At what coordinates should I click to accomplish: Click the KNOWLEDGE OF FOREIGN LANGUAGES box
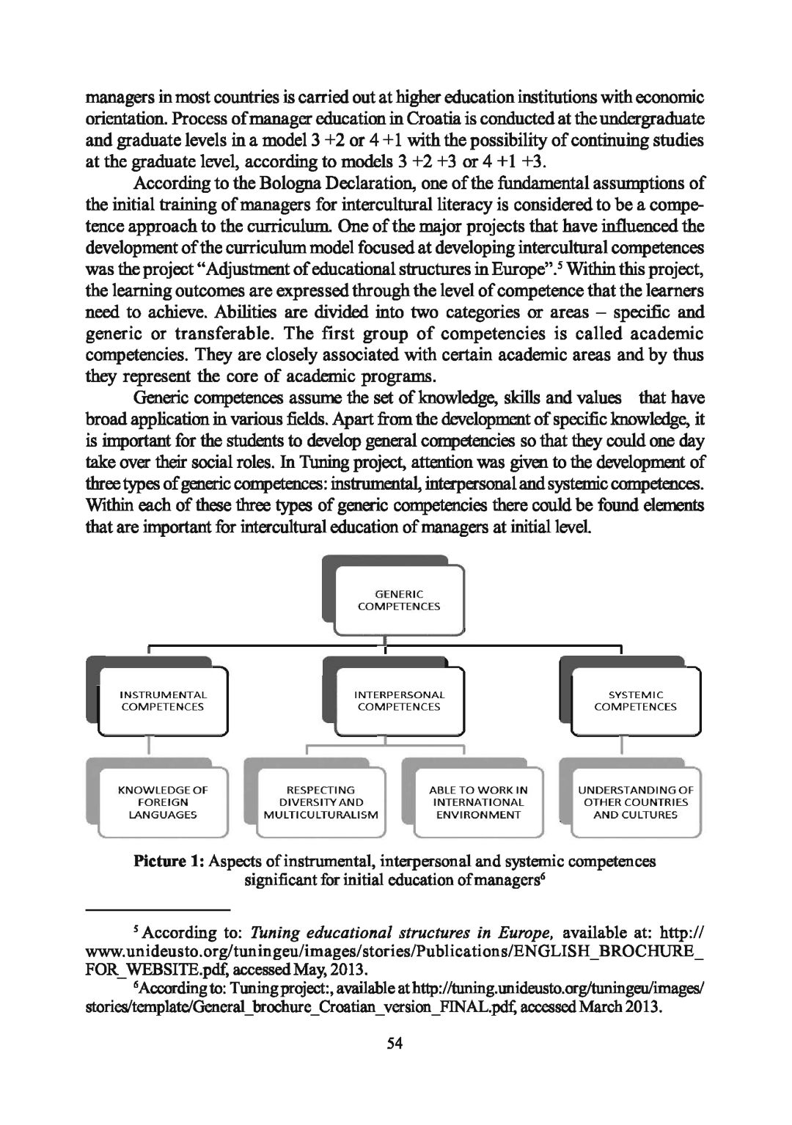(162, 802)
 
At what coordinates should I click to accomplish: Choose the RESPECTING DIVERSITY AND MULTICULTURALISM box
(320, 802)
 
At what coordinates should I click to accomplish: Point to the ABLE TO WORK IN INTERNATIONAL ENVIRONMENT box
(478, 802)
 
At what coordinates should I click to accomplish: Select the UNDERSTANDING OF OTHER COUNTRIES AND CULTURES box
(635, 802)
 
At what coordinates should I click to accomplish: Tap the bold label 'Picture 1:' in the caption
(169, 861)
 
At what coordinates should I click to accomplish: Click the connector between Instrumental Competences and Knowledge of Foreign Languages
(150, 746)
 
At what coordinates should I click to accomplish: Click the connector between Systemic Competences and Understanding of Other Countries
(622, 746)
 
